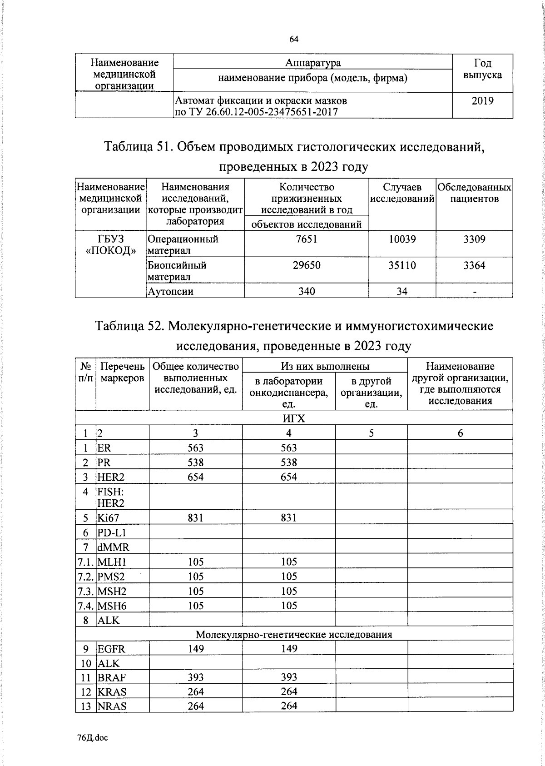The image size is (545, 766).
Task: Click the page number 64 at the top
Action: [x=294, y=40]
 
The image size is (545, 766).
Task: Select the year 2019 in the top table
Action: [x=482, y=101]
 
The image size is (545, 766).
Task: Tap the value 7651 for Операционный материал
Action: [x=307, y=239]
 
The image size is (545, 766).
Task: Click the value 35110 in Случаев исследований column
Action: [x=402, y=265]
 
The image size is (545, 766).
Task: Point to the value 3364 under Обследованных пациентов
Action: [x=474, y=265]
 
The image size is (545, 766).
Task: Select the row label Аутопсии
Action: [x=170, y=292]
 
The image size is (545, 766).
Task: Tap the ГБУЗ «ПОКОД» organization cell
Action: [x=111, y=245]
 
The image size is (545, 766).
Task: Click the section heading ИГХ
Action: [x=294, y=418]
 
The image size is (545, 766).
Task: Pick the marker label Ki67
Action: [x=108, y=518]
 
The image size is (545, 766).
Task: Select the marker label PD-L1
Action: [x=111, y=532]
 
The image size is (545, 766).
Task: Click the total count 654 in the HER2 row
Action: [x=195, y=477]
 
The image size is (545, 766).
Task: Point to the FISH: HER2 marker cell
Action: [x=110, y=497]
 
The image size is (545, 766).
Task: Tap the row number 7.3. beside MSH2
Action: [x=85, y=592]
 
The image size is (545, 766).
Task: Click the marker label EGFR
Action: [x=111, y=649]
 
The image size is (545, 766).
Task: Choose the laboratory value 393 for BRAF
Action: [x=289, y=677]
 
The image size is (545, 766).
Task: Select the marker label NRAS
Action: [x=112, y=706]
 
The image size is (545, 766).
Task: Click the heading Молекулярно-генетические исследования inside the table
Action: [x=294, y=634]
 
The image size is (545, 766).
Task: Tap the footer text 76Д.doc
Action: [x=93, y=738]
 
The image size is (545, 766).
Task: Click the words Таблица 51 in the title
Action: [x=137, y=147]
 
